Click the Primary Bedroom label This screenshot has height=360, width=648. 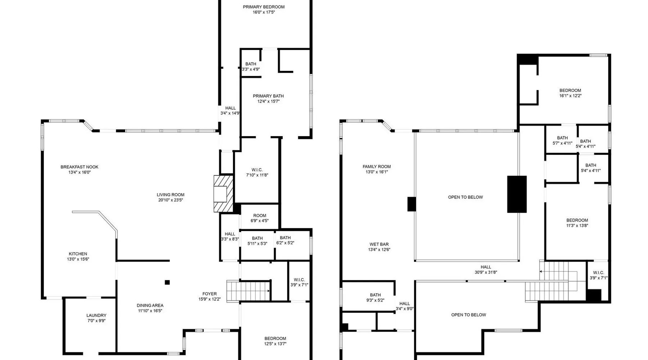click(x=264, y=7)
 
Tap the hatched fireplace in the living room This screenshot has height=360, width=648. click(x=223, y=194)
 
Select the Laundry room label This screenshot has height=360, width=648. click(x=96, y=315)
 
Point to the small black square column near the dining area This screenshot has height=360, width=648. click(x=167, y=282)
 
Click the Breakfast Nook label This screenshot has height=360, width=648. click(x=79, y=167)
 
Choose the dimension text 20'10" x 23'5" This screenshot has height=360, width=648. click(x=171, y=200)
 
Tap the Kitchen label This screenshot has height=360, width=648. click(x=78, y=254)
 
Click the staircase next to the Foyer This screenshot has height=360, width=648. click(x=248, y=290)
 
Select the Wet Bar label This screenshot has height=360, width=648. click(x=379, y=244)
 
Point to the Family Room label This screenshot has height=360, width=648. click(x=377, y=167)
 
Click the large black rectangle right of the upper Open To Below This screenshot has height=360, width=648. click(x=517, y=194)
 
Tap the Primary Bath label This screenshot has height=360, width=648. click(x=268, y=96)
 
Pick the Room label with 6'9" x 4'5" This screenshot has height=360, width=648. click(x=260, y=216)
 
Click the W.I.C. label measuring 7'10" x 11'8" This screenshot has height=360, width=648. click(x=257, y=170)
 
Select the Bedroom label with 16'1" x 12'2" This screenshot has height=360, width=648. click(x=570, y=91)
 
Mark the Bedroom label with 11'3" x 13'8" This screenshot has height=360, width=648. click(x=577, y=220)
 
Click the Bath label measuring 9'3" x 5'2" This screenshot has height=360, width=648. click(x=375, y=295)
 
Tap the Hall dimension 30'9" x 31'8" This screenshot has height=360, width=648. click(x=486, y=273)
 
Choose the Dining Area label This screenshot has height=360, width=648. click(x=150, y=306)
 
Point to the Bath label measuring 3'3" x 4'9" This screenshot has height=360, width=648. click(x=251, y=64)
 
